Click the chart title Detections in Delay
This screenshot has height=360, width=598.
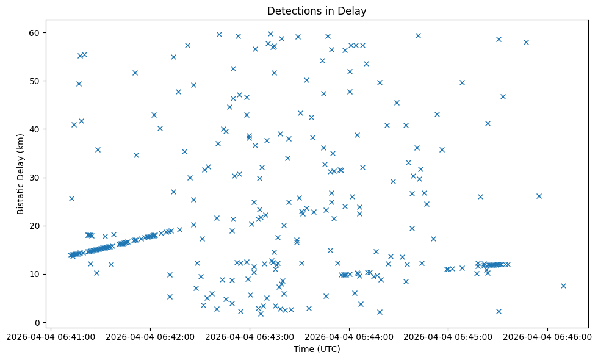click(x=317, y=11)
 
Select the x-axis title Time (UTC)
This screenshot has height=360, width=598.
click(x=317, y=349)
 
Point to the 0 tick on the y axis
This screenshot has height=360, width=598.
click(x=37, y=323)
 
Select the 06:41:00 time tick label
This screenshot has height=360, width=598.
click(x=51, y=337)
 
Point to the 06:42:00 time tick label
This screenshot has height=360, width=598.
click(x=151, y=337)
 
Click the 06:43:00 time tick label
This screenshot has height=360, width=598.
click(x=250, y=337)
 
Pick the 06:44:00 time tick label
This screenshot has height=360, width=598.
click(x=349, y=337)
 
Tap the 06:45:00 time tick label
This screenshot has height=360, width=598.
click(x=448, y=337)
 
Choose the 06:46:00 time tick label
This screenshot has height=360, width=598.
click(x=547, y=337)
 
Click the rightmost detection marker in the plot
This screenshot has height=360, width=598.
click(x=563, y=286)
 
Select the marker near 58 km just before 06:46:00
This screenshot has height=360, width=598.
click(x=526, y=42)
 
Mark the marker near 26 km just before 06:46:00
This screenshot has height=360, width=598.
click(x=539, y=196)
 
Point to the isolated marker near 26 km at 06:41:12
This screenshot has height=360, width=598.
click(x=71, y=198)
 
